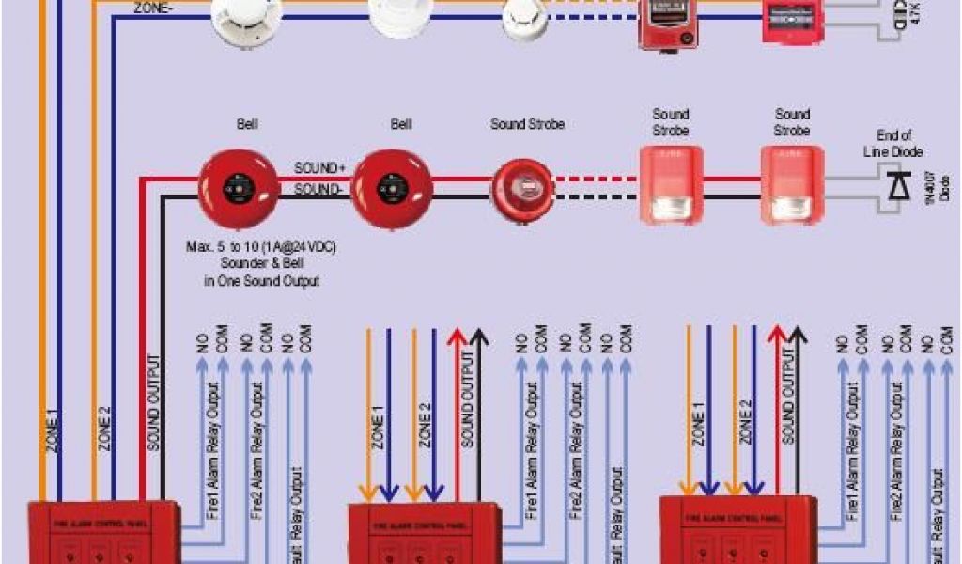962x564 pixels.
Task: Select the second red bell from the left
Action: point(398,187)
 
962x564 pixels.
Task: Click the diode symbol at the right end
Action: point(896,186)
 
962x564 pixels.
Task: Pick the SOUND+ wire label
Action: point(319,168)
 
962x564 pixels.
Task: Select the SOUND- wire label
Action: point(319,189)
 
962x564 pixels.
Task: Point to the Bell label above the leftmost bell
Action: point(248,124)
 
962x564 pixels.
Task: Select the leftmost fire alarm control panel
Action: point(102,531)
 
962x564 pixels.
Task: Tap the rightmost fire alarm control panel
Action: point(735,530)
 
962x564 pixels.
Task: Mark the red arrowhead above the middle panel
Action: point(458,337)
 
